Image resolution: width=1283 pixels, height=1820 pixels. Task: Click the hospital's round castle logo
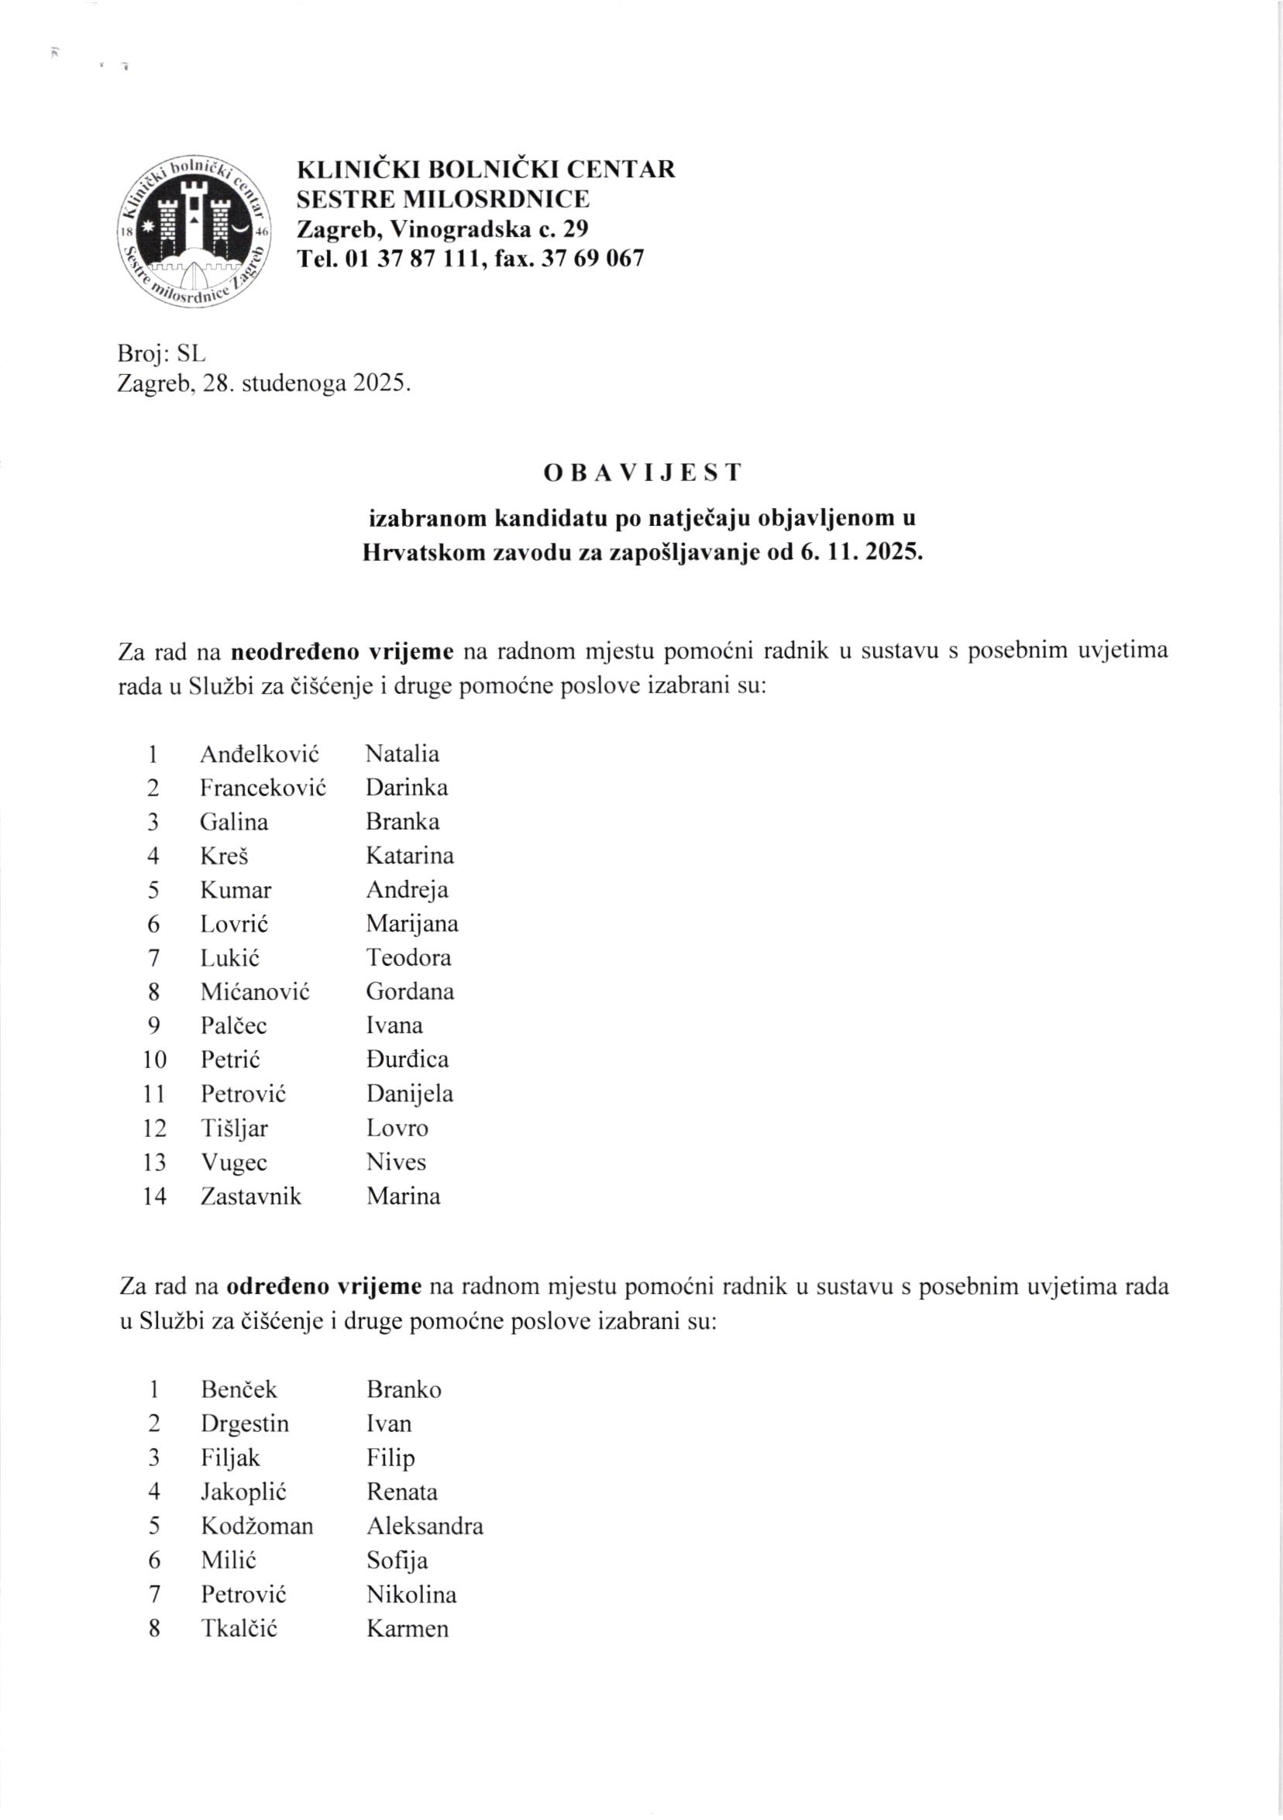coord(194,231)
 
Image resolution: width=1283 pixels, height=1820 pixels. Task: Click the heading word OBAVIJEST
coord(642,472)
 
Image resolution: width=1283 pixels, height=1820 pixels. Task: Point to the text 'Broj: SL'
coord(161,352)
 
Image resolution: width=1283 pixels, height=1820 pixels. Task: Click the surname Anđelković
coord(260,754)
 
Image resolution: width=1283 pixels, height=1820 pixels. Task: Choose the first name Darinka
coord(407,788)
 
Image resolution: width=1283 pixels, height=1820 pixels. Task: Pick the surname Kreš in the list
coord(225,856)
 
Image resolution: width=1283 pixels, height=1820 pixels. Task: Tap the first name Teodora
coord(408,958)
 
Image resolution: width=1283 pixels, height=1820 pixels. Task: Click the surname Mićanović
coord(255,992)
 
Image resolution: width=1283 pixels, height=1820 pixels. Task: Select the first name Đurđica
coord(408,1059)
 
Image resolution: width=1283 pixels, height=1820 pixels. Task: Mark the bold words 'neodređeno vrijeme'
coord(342,651)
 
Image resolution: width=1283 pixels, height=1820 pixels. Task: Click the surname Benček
coord(239,1389)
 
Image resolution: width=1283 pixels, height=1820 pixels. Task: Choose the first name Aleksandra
coord(425,1526)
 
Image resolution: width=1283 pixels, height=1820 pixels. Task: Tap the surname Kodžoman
coord(257,1526)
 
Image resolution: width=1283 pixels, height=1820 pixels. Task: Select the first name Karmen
coord(408,1628)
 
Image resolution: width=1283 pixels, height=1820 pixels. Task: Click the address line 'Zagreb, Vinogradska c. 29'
coord(442,229)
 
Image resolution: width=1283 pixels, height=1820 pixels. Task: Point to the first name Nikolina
coord(411,1594)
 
